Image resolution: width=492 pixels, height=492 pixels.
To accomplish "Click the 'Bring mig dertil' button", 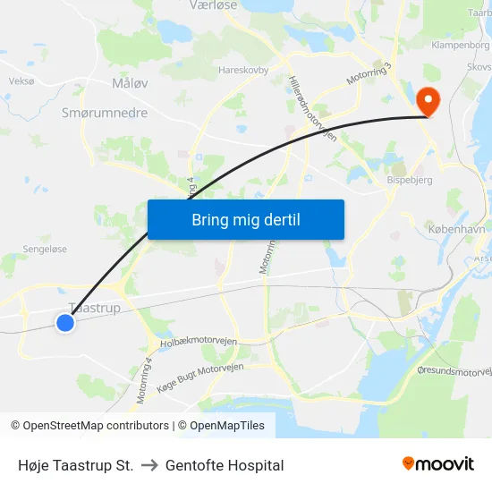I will tap(245, 220).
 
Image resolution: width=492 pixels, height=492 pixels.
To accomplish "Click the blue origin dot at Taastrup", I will tap(65, 323).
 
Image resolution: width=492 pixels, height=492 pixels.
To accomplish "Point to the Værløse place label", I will tap(212, 5).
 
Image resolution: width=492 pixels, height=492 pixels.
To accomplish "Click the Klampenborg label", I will tap(460, 44).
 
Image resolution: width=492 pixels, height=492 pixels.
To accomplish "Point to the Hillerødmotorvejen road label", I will tap(311, 108).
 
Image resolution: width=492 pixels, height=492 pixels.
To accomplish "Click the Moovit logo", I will tap(437, 463).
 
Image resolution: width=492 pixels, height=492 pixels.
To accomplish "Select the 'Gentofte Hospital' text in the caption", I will tap(225, 465).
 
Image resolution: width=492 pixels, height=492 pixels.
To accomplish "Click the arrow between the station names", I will tap(149, 465).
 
